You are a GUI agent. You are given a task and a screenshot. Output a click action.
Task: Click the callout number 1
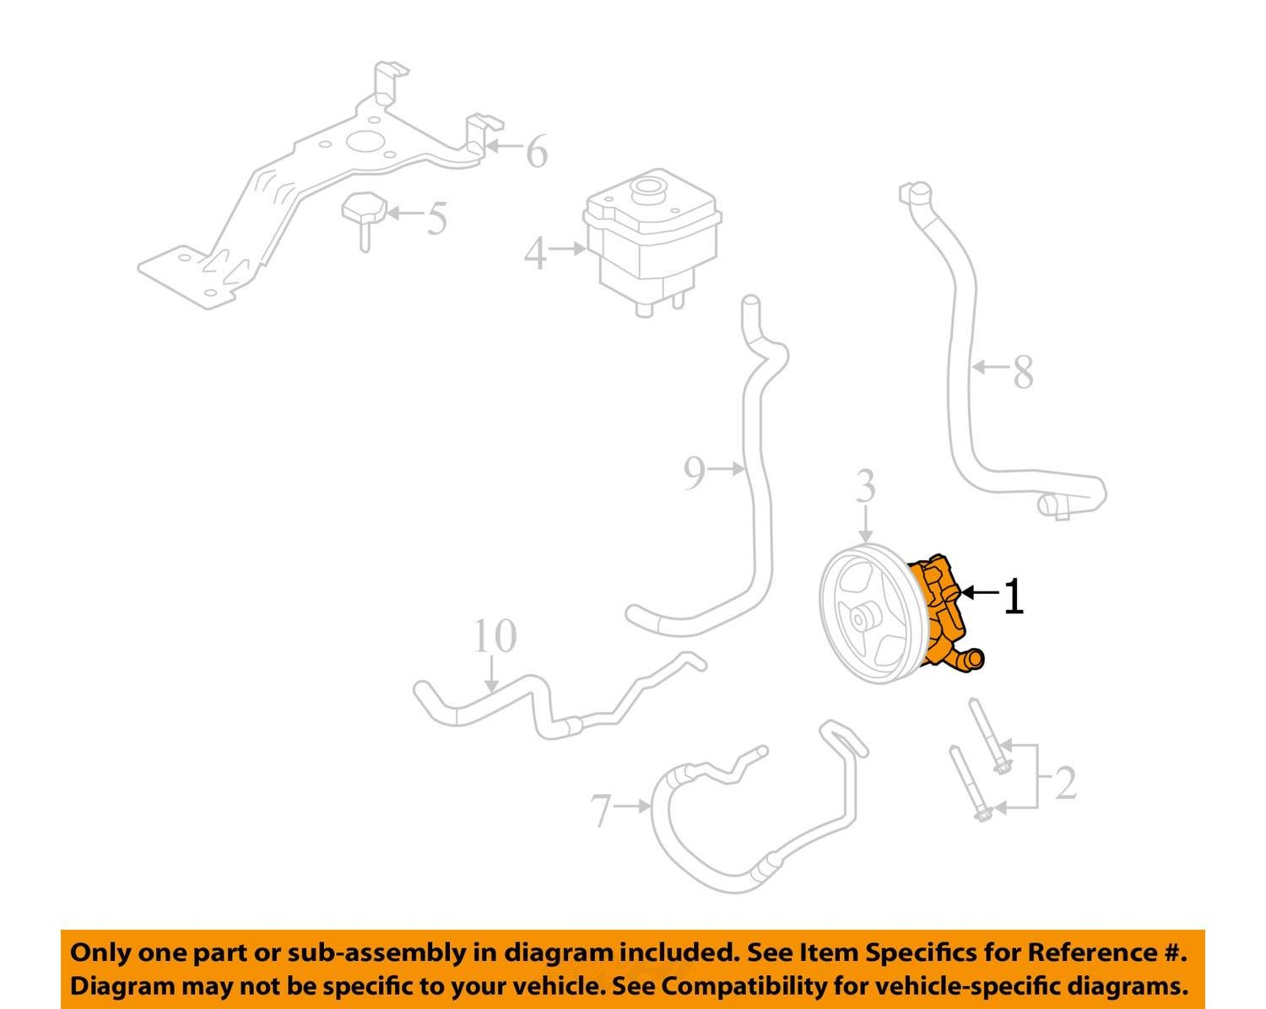click(x=1013, y=596)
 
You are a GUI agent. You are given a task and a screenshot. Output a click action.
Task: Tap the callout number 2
click(x=1066, y=783)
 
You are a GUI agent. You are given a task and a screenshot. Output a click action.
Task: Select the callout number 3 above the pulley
click(x=866, y=488)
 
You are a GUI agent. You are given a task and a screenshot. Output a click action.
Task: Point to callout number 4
click(x=535, y=253)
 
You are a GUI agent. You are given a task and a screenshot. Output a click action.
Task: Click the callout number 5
click(x=436, y=218)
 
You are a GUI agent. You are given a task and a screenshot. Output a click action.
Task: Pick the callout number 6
click(x=537, y=152)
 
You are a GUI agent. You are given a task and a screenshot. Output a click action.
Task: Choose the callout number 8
click(x=1023, y=372)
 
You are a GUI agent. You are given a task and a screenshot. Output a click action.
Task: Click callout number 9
click(x=694, y=473)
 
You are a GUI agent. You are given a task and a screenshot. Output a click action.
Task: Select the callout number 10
click(x=494, y=637)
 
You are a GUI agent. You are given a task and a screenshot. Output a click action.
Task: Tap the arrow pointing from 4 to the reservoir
click(x=570, y=249)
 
